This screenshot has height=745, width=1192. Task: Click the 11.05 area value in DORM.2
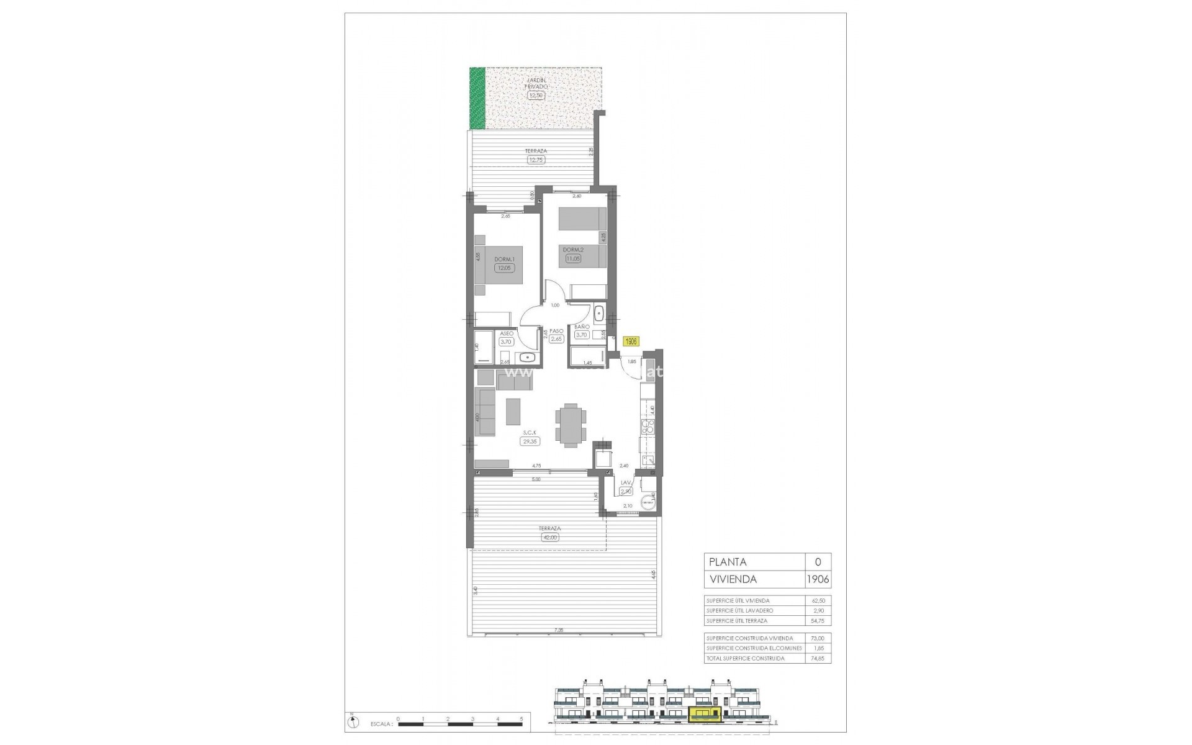point(572,258)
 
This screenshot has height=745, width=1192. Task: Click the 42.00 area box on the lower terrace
point(550,538)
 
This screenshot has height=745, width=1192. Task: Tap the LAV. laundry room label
point(626,482)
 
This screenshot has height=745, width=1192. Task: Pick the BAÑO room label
point(582,327)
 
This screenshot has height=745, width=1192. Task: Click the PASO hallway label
point(556,331)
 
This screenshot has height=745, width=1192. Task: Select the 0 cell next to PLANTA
point(818,562)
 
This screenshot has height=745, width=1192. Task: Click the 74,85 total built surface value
point(819,658)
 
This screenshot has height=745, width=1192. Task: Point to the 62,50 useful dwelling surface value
point(819,601)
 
